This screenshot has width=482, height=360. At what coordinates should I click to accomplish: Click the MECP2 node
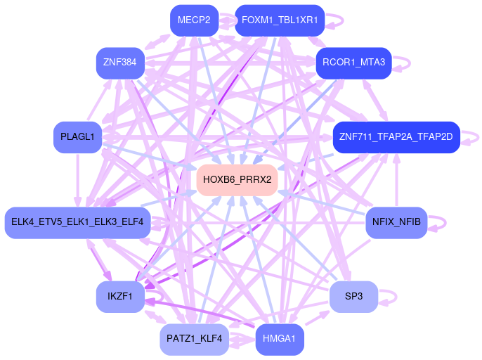coord(194,20)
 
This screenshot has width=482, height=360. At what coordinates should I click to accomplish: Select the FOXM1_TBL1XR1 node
coord(280,20)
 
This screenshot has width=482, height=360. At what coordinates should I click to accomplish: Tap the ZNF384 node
coord(119,63)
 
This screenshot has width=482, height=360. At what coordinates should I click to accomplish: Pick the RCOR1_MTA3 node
coord(353,63)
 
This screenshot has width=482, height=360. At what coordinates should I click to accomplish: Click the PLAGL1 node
coord(77,137)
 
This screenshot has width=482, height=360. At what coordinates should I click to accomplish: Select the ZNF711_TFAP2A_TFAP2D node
coord(396,136)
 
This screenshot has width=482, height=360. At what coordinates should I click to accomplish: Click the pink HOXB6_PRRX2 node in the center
coord(237,180)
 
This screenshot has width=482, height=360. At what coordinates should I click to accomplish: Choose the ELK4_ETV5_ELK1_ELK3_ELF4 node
coord(77,222)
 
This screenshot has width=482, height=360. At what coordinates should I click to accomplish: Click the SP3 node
coord(353,297)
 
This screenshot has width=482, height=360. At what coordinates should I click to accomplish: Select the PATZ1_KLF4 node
coord(194,339)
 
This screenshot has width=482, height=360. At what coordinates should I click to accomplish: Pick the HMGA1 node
coord(280,339)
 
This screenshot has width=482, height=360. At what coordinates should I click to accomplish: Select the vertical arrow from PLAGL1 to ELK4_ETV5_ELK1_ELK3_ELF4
coord(77,180)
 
